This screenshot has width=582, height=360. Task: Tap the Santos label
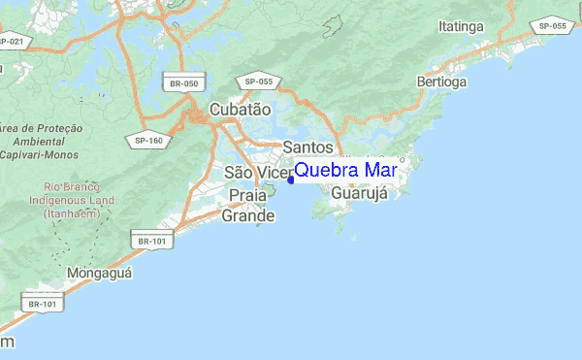307,147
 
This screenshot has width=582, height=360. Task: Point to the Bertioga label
441,82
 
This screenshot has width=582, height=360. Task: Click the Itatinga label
461,26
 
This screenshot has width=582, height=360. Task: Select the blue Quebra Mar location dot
290,179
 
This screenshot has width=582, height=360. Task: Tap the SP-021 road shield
13,42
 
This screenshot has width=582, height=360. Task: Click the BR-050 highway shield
183,84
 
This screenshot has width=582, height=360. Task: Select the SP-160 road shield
148,140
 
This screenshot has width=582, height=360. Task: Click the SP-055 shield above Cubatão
261,82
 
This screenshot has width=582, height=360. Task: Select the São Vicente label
258,172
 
